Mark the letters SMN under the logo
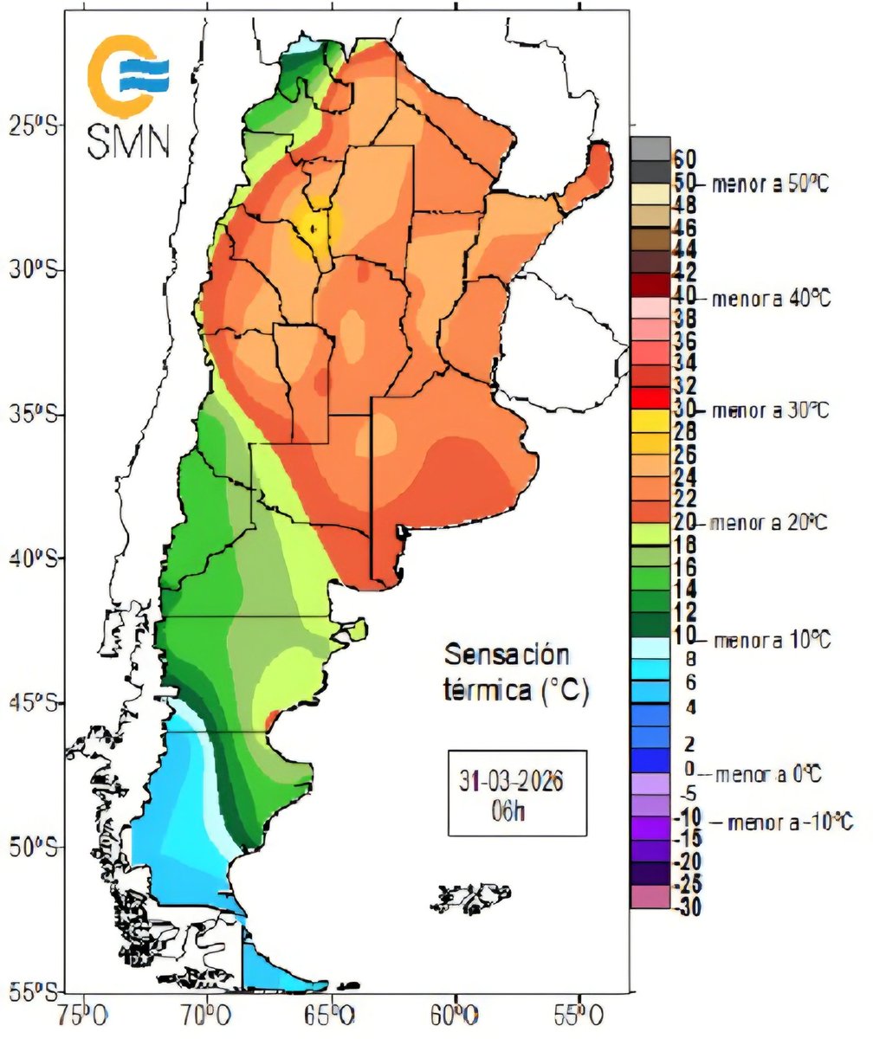pos(128,140)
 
